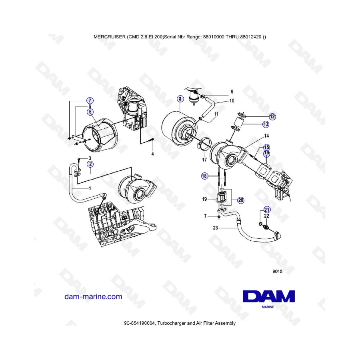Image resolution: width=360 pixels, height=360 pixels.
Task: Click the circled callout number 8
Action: point(180,99)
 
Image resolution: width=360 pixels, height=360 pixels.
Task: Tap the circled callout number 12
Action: point(272,117)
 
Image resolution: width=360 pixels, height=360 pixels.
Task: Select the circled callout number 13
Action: point(266,124)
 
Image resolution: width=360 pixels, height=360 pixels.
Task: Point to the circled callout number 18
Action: point(204,176)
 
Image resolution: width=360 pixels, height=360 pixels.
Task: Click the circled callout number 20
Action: point(241,200)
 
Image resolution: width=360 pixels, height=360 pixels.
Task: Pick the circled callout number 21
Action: point(267,210)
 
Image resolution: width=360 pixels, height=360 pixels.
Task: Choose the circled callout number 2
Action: point(90,164)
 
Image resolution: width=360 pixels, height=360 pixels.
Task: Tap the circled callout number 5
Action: point(90,112)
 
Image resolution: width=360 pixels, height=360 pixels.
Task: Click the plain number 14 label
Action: point(266,136)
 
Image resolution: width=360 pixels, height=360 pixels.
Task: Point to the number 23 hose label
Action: point(215,228)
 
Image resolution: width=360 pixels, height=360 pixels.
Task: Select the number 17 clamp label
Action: point(204,160)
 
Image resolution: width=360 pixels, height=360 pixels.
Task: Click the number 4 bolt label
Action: point(152,154)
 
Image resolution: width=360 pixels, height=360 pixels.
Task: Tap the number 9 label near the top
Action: point(232,92)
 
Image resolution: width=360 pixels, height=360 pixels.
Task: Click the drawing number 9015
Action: point(277,271)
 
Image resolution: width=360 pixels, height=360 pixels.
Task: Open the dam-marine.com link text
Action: point(93,296)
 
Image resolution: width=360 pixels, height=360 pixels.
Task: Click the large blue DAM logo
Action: point(269,296)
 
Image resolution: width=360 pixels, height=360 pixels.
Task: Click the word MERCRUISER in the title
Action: point(110,37)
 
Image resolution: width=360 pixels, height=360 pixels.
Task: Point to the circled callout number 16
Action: point(266,153)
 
